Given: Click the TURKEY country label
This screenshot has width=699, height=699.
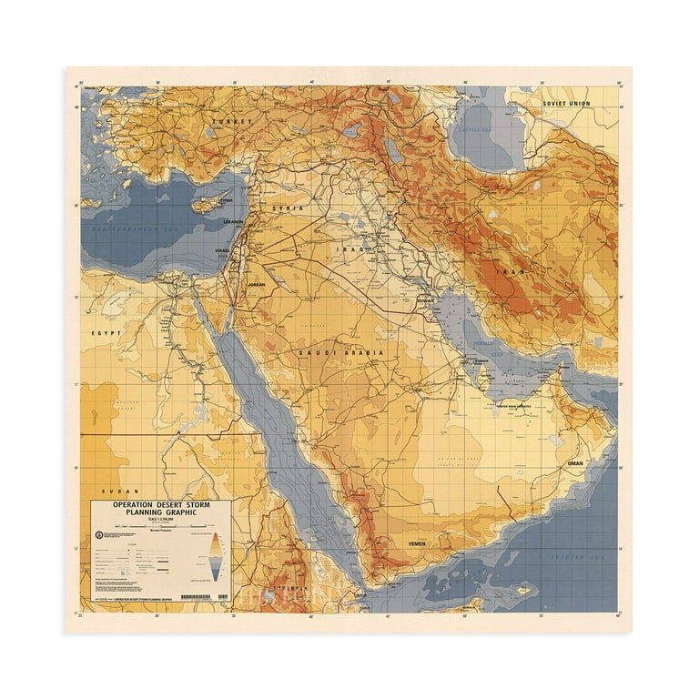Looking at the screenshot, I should [x=231, y=121].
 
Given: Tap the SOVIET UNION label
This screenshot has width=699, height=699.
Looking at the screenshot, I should [x=567, y=104].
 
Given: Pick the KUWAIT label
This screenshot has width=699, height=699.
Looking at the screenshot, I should [x=425, y=299].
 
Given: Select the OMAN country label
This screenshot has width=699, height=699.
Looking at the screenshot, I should [x=575, y=463].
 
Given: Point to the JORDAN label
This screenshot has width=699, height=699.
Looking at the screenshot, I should [x=255, y=285].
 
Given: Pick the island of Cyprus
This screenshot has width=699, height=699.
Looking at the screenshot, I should [x=208, y=204].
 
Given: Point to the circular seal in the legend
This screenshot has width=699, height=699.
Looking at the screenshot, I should [x=97, y=533].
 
